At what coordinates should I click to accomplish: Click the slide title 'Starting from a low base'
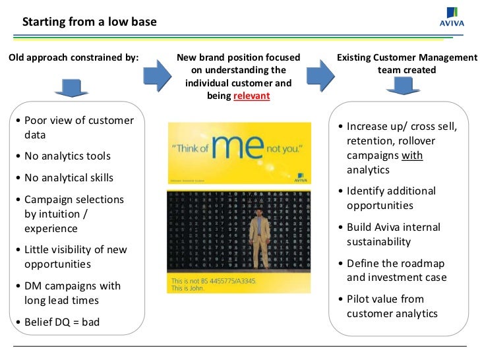90,22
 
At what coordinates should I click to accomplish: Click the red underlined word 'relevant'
252,96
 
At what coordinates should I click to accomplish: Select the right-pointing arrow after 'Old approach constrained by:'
156,75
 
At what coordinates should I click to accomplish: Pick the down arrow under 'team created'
402,86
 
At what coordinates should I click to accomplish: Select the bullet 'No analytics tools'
67,156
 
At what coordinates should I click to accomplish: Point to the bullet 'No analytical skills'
69,177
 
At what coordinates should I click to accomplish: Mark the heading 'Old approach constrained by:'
73,58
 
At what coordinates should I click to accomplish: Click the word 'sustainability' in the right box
378,241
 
